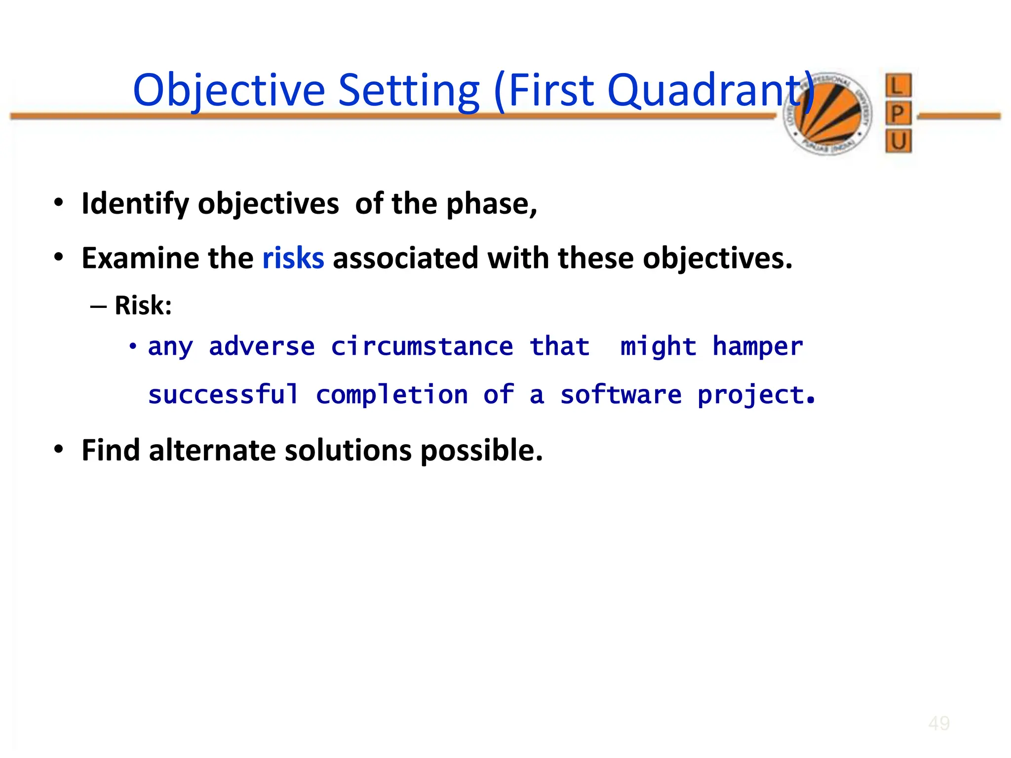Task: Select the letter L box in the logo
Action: (897, 86)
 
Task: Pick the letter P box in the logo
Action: (897, 114)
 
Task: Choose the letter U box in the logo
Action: (898, 142)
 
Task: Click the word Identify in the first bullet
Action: (135, 204)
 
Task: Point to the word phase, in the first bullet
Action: (491, 204)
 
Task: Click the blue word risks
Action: (293, 258)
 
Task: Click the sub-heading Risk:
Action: (143, 305)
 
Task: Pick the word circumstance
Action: (422, 346)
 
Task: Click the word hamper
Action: (757, 346)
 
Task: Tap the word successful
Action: (223, 395)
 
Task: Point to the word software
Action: (621, 395)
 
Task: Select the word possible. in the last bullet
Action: (481, 450)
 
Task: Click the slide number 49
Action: (938, 723)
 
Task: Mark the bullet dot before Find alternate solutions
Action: (59, 449)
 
